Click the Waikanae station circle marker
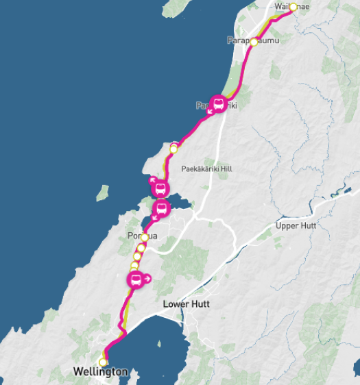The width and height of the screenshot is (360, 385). point(293,8)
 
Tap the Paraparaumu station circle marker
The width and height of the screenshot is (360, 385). point(254,42)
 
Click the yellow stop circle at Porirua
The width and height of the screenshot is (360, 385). point(145,238)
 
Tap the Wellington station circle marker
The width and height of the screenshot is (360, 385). point(104,362)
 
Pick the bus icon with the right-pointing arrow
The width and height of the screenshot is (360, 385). point(136,280)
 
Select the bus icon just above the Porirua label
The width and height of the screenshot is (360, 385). point(162,208)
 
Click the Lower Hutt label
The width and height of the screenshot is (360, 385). point(186,303)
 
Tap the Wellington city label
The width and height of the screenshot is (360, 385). point(100,372)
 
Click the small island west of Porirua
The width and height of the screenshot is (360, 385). point(103,193)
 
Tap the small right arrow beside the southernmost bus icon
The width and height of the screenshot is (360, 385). point(148,279)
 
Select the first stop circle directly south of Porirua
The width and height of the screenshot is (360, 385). point(141,248)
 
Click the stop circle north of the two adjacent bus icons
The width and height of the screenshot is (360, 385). point(173,147)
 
